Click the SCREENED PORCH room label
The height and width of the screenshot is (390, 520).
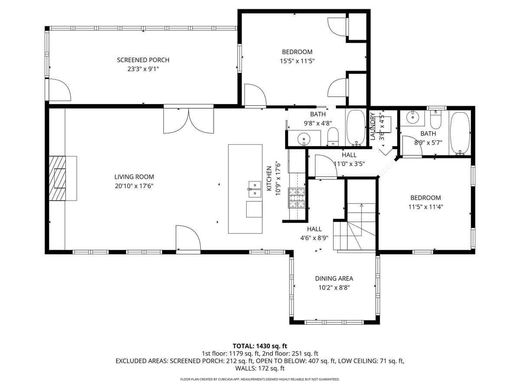pos(143,60)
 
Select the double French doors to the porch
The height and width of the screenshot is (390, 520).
pos(188,120)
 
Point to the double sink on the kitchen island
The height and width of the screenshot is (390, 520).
pos(254,190)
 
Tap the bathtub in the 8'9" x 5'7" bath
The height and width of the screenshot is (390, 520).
pos(460,133)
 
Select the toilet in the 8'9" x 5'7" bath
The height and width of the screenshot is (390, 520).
pos(435,120)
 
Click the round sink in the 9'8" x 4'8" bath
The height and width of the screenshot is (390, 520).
pos(304,139)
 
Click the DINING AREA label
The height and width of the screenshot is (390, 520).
pos(334,279)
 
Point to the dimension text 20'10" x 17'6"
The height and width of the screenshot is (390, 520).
pos(134,185)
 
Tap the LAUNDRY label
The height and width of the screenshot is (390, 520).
pos(372,126)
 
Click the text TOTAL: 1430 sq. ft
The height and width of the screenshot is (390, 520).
pos(260,346)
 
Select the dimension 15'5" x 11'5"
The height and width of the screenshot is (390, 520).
pos(297,61)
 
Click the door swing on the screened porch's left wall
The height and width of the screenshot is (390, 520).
pos(59,91)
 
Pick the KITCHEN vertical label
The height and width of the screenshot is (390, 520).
pos(269,179)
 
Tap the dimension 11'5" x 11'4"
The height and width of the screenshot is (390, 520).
pos(426,207)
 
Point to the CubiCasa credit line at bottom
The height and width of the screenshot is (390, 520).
pos(260,379)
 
